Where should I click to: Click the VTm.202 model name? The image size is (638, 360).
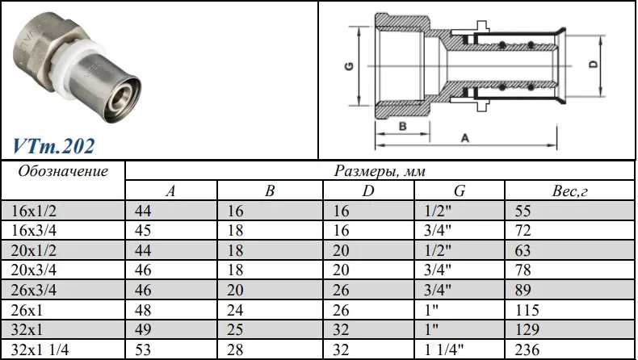(54, 146)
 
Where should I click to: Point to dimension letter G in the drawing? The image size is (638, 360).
(349, 66)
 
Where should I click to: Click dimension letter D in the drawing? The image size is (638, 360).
(594, 65)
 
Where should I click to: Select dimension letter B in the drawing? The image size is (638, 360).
(402, 126)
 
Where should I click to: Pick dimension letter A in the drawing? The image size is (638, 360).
(465, 138)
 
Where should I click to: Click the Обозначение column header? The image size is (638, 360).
(63, 171)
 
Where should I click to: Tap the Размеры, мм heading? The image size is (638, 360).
(380, 171)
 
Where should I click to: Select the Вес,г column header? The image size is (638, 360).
(569, 190)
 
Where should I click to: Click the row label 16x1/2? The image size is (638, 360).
(34, 211)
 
